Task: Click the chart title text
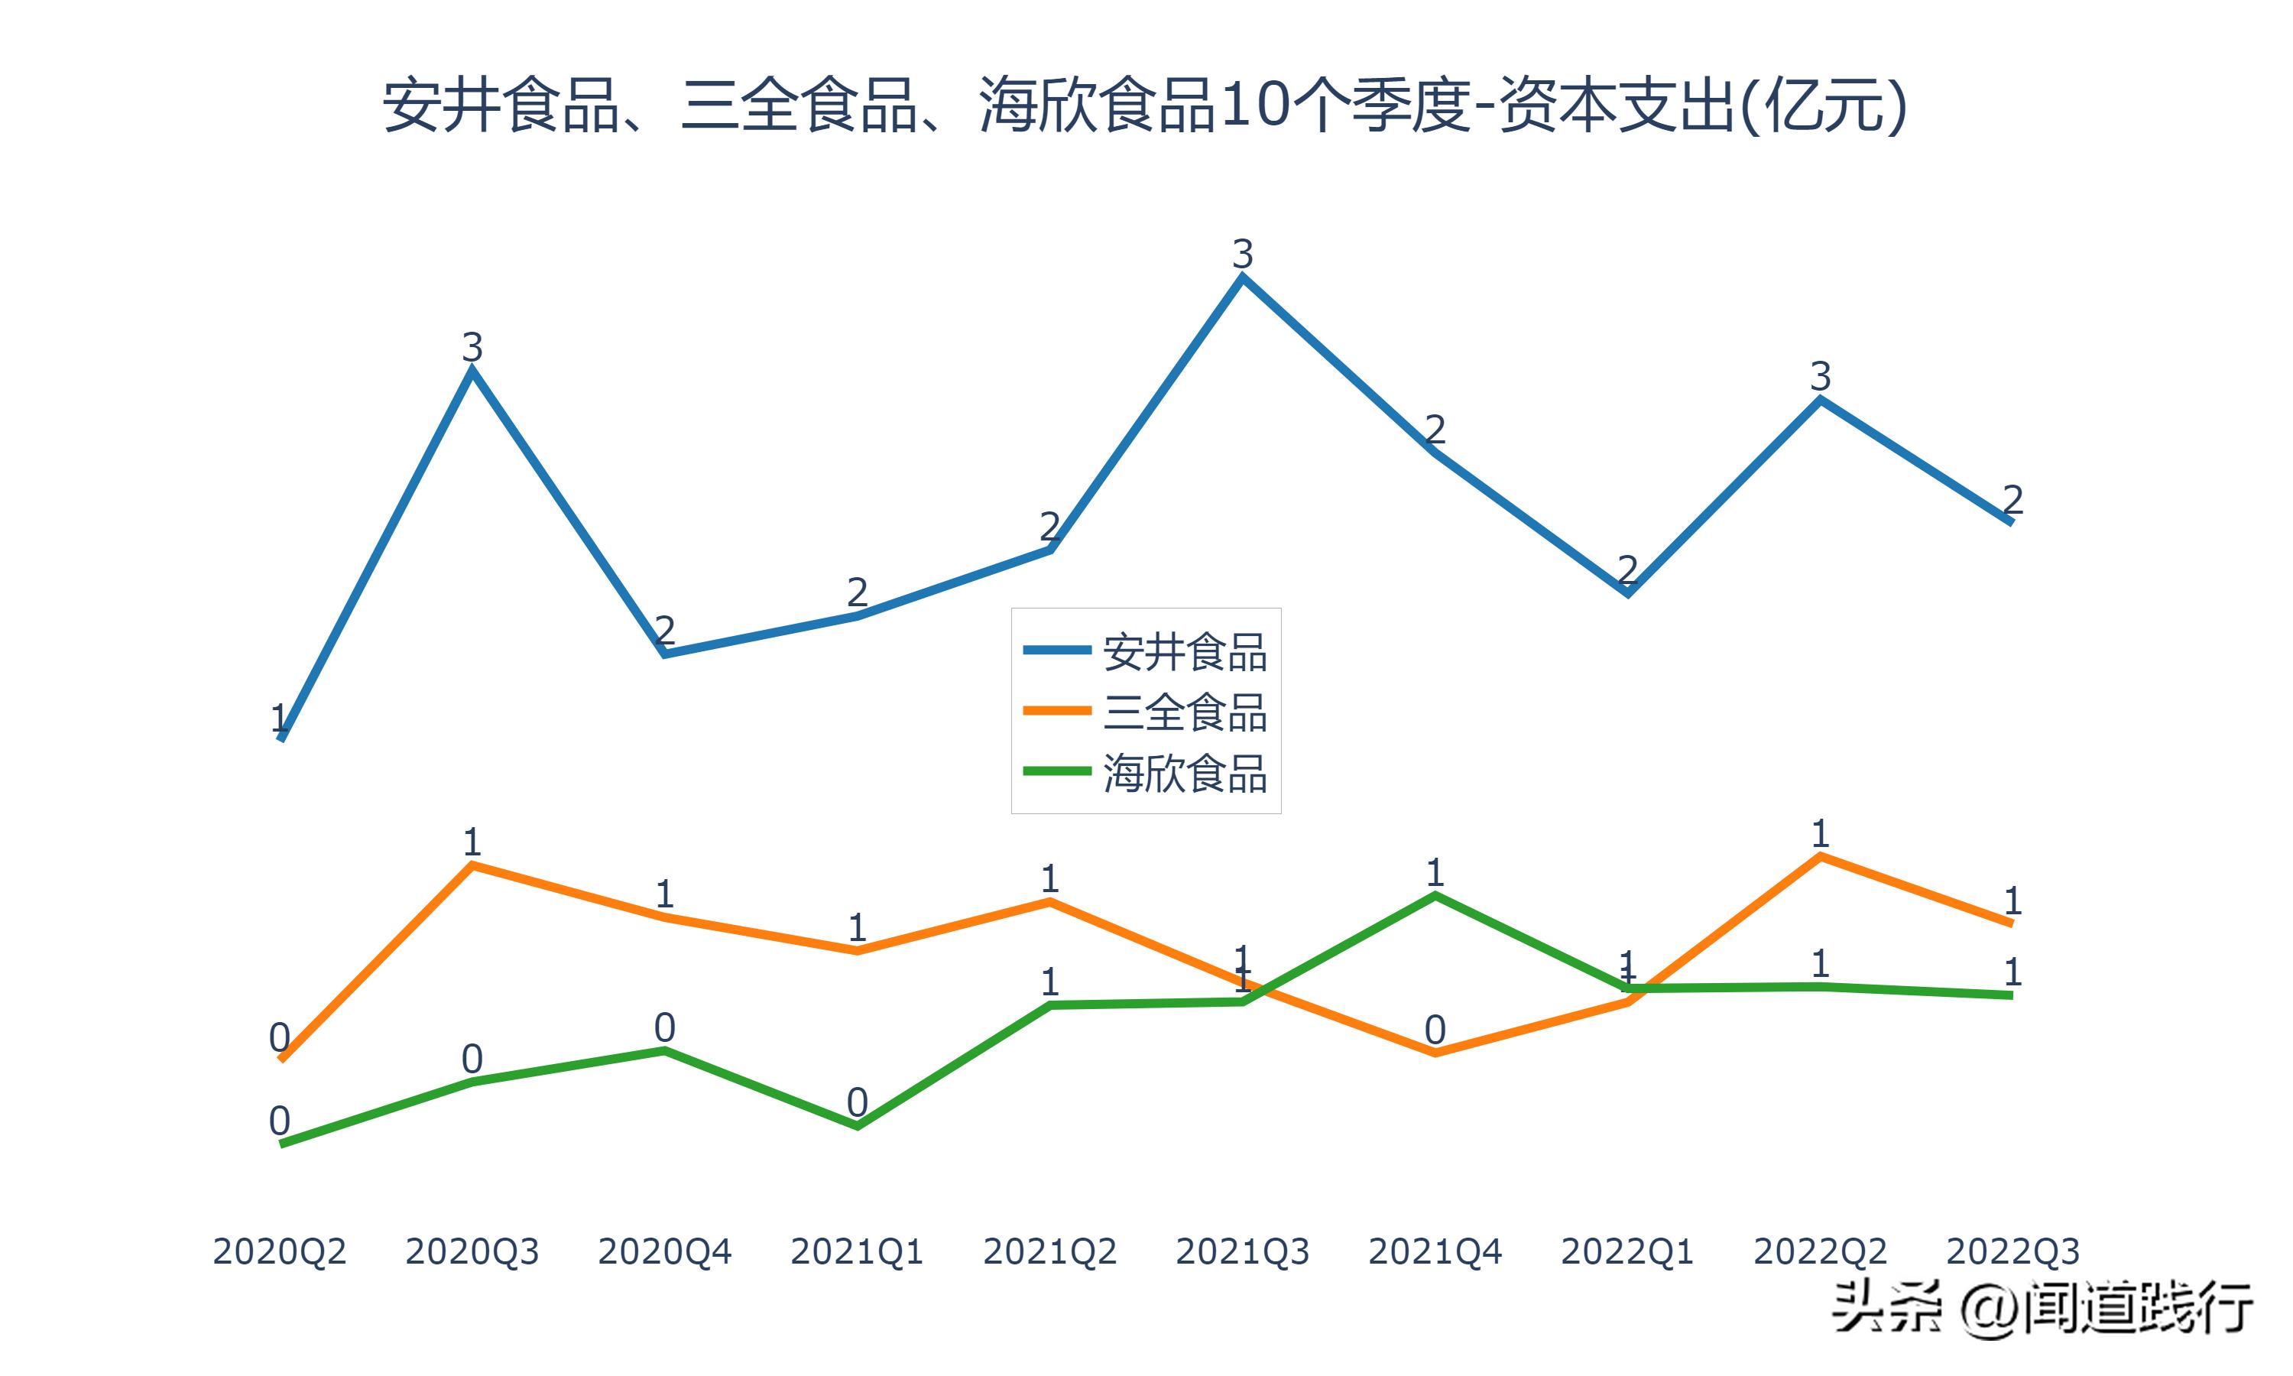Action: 1146,105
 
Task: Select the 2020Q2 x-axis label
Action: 279,1251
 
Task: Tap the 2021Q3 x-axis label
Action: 1242,1251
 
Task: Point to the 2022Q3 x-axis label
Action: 2012,1251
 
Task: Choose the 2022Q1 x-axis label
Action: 1627,1251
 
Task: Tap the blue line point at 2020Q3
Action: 472,370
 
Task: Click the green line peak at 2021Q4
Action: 1435,896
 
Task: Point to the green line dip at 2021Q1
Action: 858,1126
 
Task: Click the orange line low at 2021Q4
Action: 1435,1053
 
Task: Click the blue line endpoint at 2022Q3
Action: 2010,522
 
